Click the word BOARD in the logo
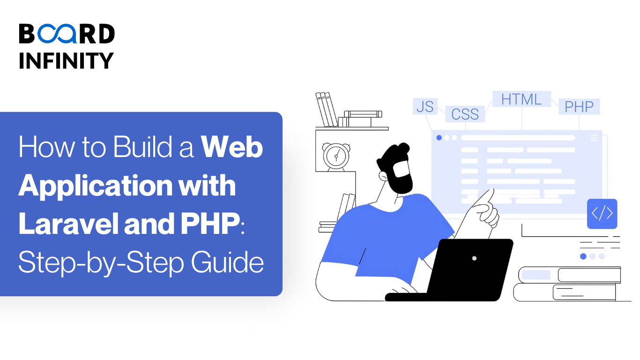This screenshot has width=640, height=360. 67,34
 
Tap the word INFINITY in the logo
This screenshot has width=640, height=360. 67,60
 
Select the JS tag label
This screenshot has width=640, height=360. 425,106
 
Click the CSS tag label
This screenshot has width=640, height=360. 465,114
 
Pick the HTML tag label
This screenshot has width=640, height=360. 521,99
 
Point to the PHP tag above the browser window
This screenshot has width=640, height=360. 579,107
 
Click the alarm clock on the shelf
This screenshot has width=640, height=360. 336,156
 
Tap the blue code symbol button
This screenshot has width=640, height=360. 602,214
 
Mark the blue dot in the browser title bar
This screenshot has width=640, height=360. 439,138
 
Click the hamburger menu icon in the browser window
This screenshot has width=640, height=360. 594,138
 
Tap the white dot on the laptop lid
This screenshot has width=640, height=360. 474,258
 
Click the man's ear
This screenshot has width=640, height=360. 384,177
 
